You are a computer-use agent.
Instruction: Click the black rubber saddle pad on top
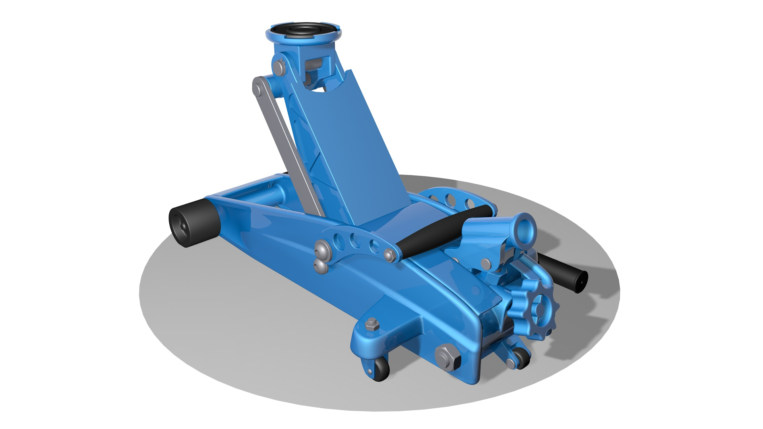pos(304,31)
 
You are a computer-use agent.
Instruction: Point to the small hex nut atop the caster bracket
pos(372,324)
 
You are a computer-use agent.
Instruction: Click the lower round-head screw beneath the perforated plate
pos(321,267)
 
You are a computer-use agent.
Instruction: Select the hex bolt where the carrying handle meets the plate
pos(389,255)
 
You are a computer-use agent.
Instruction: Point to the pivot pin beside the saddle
pos(279,68)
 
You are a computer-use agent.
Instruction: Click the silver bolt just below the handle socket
pos(486,263)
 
